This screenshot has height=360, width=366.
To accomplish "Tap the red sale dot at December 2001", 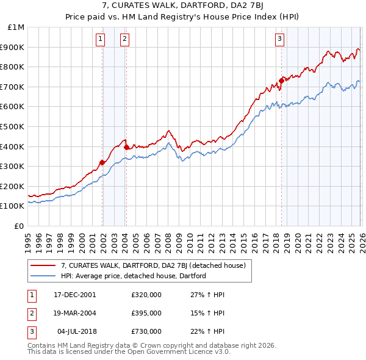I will (102, 162).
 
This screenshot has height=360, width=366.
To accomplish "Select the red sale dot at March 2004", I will (126, 147).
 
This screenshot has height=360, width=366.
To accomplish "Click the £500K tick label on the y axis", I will (12, 126).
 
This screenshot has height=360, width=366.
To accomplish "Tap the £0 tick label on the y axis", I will (20, 226).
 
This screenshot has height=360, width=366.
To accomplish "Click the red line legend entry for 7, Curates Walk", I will (152, 265).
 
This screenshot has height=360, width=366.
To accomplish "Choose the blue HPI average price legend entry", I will (133, 276).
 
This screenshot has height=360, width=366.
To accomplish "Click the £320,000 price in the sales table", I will (146, 294).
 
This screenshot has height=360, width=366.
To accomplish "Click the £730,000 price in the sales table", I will (146, 331).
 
